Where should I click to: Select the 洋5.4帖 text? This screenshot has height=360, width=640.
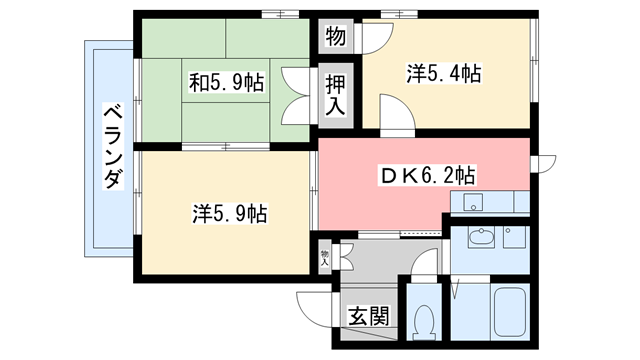click(444, 72)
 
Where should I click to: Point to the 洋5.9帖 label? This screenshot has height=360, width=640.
click(229, 213)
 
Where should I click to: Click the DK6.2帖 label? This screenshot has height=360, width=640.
click(426, 176)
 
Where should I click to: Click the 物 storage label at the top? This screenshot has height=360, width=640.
click(335, 39)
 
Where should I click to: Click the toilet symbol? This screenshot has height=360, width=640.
click(425, 320)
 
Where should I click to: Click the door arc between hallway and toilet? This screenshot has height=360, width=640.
click(424, 265)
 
